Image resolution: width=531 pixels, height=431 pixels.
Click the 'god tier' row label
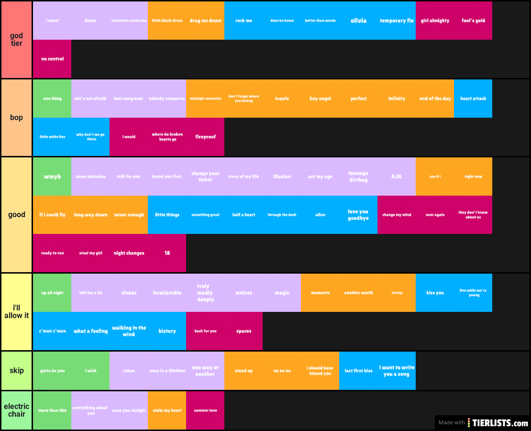point(16,40)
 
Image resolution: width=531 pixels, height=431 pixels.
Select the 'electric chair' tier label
point(16,410)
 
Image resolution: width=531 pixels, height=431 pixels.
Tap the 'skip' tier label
point(16,371)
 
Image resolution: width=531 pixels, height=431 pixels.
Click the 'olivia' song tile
point(358,21)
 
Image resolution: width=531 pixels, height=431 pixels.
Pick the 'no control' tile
point(52,59)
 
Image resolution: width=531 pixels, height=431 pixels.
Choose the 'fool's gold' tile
point(473,21)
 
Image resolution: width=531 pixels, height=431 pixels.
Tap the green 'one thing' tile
point(52,99)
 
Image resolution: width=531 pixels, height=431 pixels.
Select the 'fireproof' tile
point(205,137)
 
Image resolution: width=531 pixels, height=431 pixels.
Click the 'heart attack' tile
point(473,99)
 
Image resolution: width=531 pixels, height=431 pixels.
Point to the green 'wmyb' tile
point(52,177)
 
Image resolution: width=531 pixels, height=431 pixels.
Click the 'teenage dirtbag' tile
point(358,177)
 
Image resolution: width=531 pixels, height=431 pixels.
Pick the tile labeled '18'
point(167,253)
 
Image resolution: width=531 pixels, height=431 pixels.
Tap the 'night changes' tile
point(129,253)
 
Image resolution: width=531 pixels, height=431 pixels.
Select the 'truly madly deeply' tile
point(205,293)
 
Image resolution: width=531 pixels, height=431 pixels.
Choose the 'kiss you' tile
point(435,293)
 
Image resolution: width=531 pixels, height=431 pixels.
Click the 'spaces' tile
point(243,331)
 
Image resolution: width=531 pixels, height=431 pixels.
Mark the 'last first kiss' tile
point(358,371)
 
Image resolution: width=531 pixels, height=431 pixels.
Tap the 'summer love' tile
point(205,410)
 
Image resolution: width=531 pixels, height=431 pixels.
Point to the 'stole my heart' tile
point(167,410)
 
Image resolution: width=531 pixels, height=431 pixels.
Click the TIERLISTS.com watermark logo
point(498,423)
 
